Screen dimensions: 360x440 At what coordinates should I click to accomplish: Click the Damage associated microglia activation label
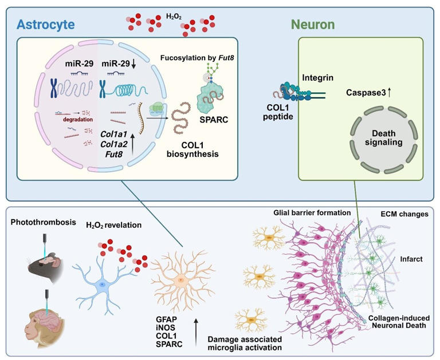tap(243, 343)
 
